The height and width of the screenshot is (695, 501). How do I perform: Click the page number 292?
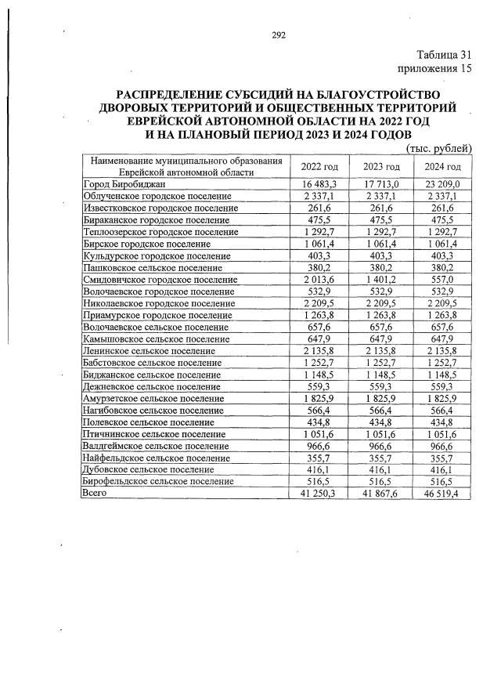279,34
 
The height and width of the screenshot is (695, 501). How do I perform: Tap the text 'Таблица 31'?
445,55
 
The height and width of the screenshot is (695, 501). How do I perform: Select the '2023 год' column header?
382,167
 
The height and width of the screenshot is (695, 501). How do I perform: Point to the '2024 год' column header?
442,167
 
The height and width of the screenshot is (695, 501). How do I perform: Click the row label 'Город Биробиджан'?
123,183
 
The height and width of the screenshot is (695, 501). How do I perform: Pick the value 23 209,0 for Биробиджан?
442,183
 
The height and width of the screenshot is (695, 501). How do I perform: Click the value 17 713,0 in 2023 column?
382,183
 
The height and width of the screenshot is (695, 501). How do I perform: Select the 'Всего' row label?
95,493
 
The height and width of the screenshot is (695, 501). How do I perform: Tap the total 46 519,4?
442,494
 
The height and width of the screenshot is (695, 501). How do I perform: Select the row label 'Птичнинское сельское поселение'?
154,433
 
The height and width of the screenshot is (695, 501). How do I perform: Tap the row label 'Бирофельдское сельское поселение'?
158,481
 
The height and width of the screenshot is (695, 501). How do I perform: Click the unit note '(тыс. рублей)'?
438,148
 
